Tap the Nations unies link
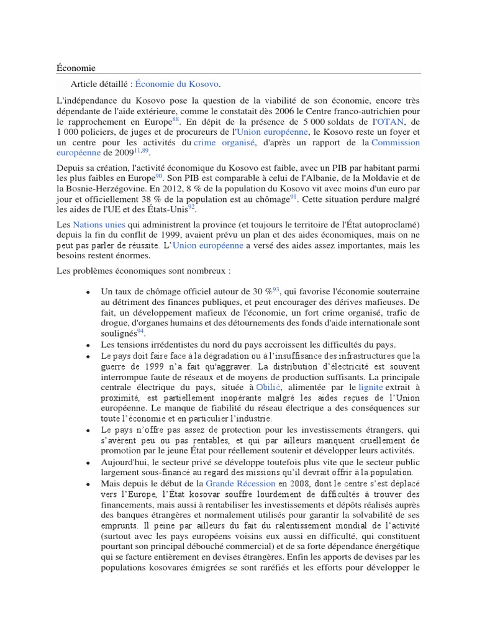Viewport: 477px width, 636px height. point(99,224)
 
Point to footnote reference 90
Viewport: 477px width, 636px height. point(158,176)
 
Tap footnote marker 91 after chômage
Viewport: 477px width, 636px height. point(294,196)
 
